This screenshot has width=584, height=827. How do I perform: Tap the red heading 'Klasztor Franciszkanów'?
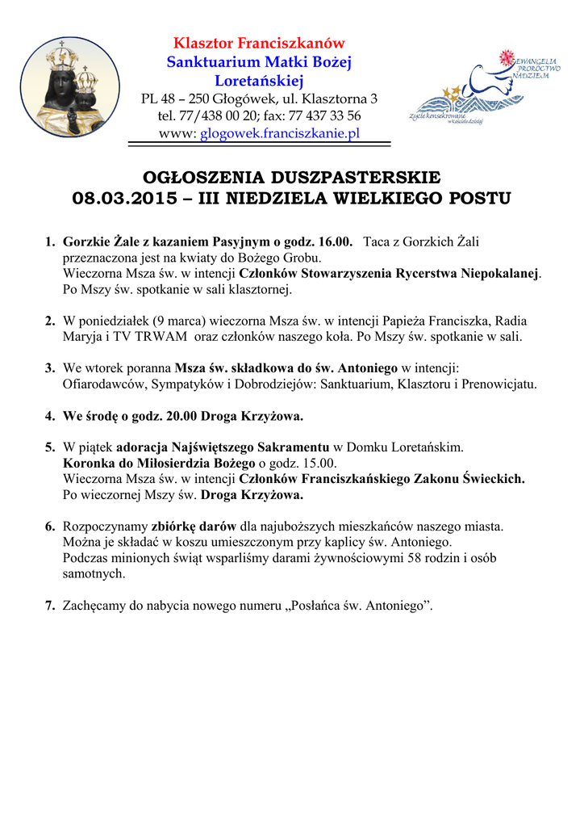pos(260,44)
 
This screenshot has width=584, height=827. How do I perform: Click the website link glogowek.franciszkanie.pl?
pos(280,133)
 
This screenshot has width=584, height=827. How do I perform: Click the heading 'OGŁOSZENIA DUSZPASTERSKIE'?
pos(291,178)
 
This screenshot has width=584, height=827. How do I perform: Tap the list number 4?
pos(50,418)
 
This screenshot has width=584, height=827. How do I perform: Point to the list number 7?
pos(50,606)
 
